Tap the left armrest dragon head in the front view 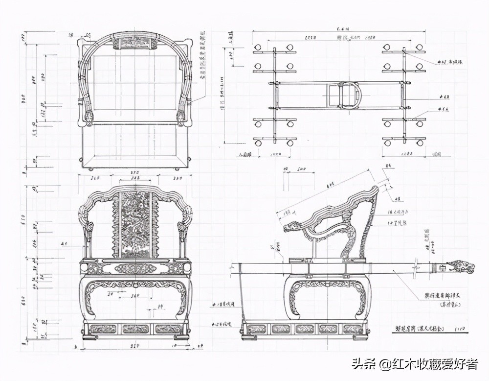click(89, 228)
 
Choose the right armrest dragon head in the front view click(181, 228)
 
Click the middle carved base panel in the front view click(135, 329)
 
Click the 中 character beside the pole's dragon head click(443, 268)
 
